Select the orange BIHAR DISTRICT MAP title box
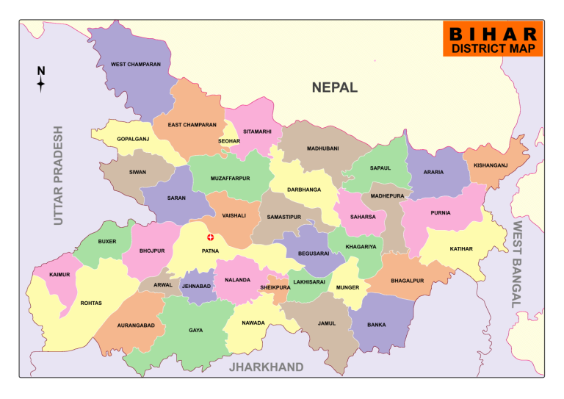[x=493, y=40]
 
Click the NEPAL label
[x=334, y=87]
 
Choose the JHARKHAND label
[x=266, y=367]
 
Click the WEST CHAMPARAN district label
[x=136, y=65]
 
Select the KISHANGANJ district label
[x=491, y=165]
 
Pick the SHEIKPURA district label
[x=275, y=288]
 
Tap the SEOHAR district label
[x=229, y=141]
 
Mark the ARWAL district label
[x=162, y=284]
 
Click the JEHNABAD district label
[x=196, y=285]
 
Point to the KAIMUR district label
[x=59, y=275]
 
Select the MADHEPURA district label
[x=388, y=196]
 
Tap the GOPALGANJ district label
[x=133, y=139]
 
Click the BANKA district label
[x=376, y=324]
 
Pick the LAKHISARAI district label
[x=310, y=281]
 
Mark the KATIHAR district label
[x=461, y=249]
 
